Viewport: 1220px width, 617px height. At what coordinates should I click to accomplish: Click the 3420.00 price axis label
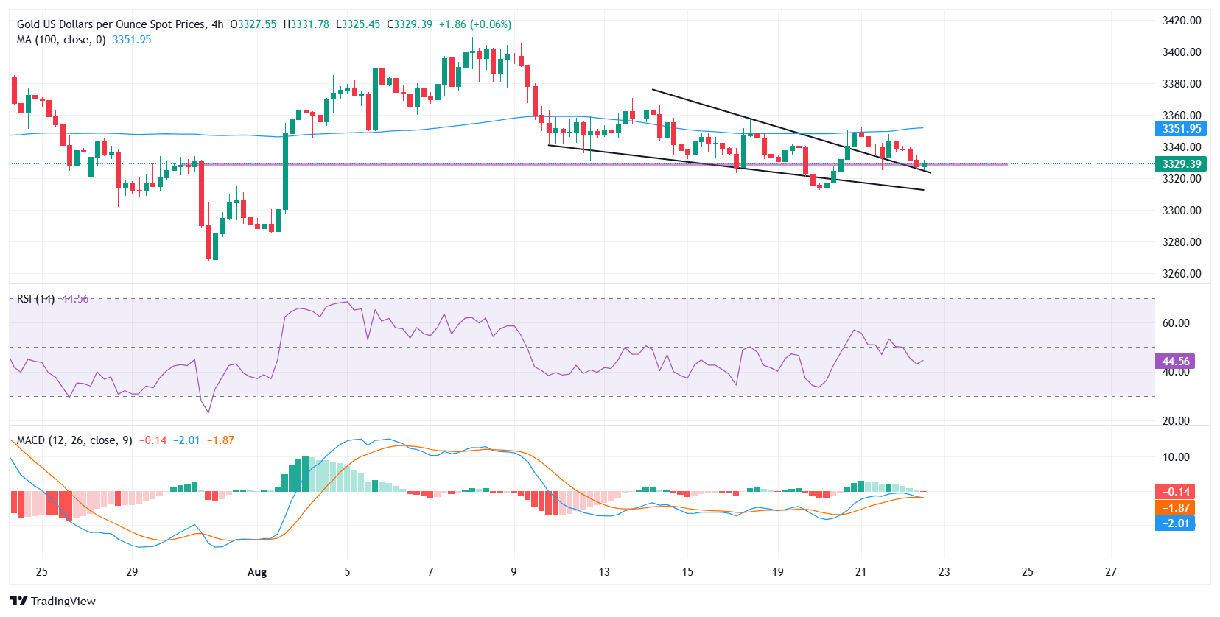click(1182, 21)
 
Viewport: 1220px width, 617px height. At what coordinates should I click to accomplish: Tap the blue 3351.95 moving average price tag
click(1181, 129)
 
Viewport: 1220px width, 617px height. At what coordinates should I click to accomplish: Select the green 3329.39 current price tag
click(1181, 164)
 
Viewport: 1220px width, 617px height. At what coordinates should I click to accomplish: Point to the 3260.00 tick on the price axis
click(1182, 274)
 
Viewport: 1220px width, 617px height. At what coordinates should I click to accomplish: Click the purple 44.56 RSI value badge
click(1175, 362)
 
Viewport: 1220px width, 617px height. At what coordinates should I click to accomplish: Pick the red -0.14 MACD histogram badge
click(1175, 492)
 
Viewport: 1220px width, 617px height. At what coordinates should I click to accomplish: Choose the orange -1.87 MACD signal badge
click(1175, 508)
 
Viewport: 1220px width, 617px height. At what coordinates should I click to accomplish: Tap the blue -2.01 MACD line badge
click(1175, 523)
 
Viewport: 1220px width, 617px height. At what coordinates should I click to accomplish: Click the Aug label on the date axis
click(257, 572)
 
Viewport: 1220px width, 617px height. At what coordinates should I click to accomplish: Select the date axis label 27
click(1110, 572)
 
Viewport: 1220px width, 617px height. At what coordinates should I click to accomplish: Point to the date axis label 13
click(604, 572)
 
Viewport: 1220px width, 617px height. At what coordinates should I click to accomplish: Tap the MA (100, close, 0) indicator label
click(61, 40)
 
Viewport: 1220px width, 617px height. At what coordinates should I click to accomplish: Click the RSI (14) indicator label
click(35, 299)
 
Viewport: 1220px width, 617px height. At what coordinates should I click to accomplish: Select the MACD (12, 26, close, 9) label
click(74, 440)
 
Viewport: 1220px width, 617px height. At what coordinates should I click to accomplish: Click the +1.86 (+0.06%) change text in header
click(474, 24)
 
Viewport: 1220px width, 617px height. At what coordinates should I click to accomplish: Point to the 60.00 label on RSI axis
click(1176, 323)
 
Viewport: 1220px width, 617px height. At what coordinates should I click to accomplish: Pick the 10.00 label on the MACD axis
click(1176, 457)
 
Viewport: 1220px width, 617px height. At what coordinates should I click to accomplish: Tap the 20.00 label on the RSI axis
click(1176, 421)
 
